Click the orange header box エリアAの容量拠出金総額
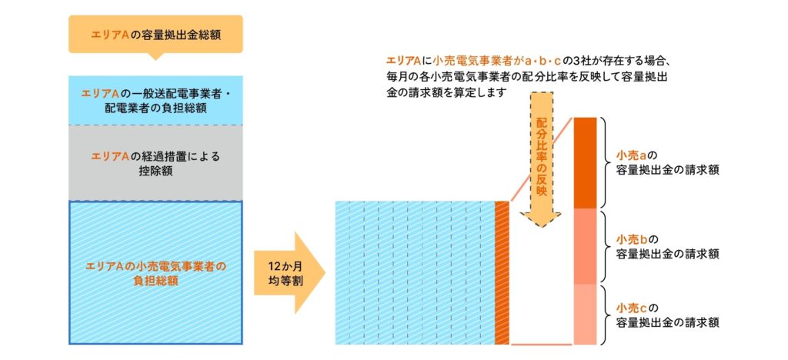tap(155, 34)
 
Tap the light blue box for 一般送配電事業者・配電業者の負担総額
tap(155, 100)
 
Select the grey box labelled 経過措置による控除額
tap(155, 162)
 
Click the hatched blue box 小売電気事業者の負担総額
tap(155, 272)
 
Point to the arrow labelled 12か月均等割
tap(288, 272)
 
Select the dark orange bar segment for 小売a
tap(586, 162)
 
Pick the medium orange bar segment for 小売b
tap(586, 246)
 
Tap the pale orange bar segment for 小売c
tap(586, 314)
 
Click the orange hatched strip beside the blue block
tap(502, 272)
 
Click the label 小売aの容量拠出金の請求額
tap(662, 162)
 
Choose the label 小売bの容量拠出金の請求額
tap(662, 245)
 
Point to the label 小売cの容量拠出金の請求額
tap(662, 315)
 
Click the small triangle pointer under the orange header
tap(155, 56)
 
